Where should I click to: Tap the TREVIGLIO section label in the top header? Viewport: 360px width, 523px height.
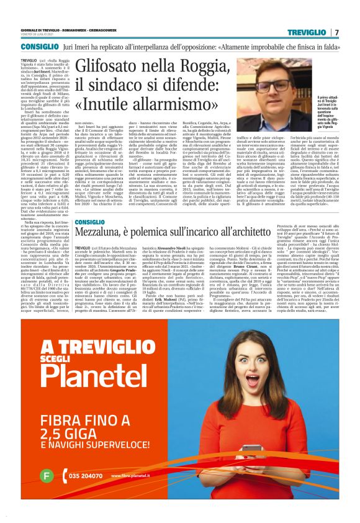[308, 32]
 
